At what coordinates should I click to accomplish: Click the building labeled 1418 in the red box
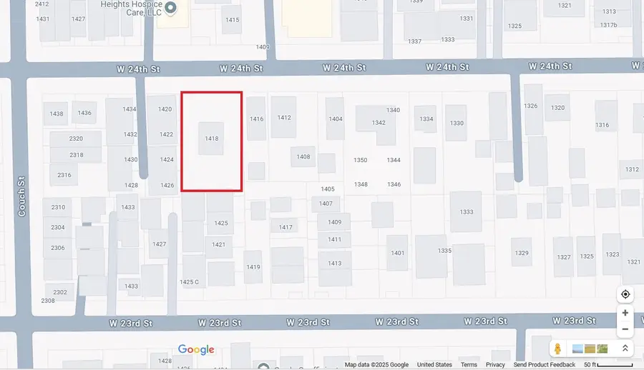(211, 139)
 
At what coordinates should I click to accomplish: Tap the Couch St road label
(22, 197)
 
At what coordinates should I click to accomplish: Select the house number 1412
(284, 118)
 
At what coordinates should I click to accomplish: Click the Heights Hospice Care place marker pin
(170, 9)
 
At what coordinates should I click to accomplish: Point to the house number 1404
(336, 119)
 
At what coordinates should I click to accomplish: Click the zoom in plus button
(625, 313)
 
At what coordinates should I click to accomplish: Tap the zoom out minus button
(625, 329)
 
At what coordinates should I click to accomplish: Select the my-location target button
(625, 294)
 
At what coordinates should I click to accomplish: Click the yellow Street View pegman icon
(557, 349)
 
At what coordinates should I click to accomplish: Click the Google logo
(196, 349)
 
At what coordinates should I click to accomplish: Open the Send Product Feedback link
(544, 365)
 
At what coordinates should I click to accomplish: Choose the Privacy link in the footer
(495, 365)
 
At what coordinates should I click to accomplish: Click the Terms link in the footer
(469, 365)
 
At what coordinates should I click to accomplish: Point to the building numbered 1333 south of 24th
(467, 212)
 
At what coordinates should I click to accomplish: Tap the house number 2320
(76, 139)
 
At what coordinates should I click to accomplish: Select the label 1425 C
(189, 282)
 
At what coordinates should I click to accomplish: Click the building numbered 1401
(398, 253)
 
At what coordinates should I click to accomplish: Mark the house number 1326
(530, 106)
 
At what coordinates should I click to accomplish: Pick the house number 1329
(522, 254)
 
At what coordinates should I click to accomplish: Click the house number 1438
(57, 114)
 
